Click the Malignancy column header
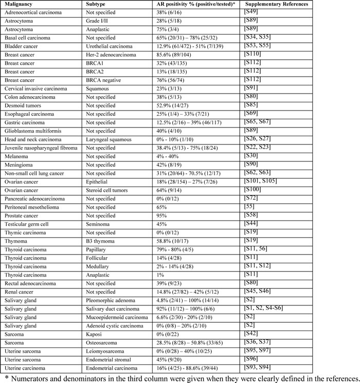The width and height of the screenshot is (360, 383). [x=20, y=4]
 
